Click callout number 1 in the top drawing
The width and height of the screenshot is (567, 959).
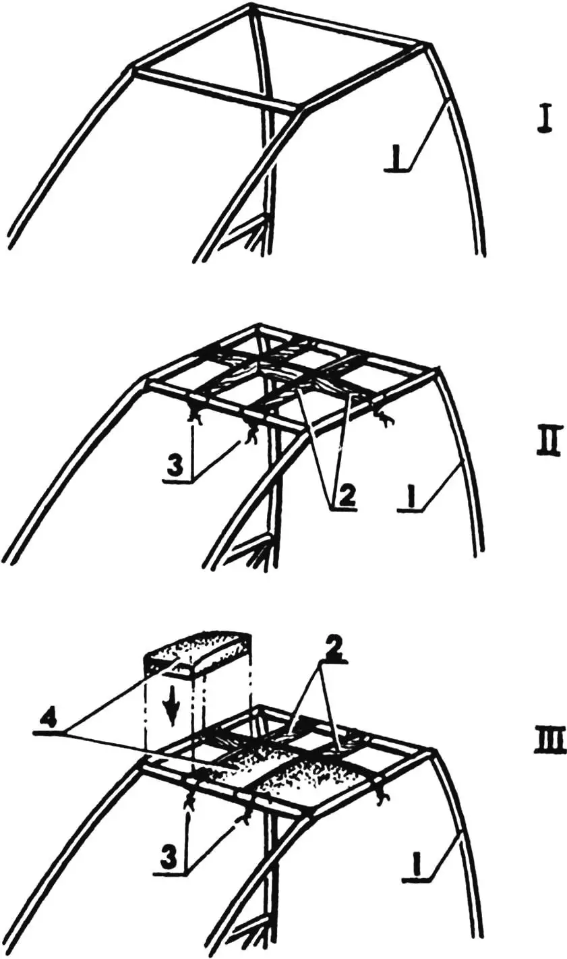pos(398,165)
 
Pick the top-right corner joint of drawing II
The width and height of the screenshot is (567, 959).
pos(438,369)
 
